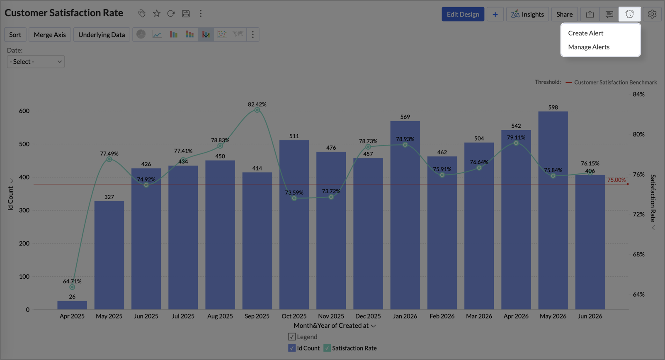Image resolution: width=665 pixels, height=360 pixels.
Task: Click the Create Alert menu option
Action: (x=585, y=33)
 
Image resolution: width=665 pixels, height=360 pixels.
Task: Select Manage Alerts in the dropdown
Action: (x=589, y=47)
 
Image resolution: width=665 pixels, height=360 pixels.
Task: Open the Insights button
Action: (x=527, y=14)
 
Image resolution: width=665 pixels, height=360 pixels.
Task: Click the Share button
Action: (x=564, y=14)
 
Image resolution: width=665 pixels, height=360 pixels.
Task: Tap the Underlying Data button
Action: (x=102, y=34)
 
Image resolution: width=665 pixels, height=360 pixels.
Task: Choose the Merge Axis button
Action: (x=50, y=34)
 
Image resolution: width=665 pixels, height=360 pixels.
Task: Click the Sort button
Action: (x=15, y=34)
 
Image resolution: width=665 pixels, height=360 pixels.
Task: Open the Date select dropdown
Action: (x=36, y=61)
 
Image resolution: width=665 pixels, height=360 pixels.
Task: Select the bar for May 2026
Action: (x=553, y=210)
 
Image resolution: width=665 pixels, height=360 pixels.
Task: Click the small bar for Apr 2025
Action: (x=72, y=305)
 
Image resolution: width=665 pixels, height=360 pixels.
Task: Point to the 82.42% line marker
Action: (x=257, y=110)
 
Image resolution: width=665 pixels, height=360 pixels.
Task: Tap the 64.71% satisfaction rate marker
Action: (x=72, y=287)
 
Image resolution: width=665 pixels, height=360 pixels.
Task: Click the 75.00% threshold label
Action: (x=616, y=180)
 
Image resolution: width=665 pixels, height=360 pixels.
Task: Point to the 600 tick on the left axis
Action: (x=24, y=111)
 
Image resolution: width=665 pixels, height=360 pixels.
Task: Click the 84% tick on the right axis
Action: (x=638, y=94)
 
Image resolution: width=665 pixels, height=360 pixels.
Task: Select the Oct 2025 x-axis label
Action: (x=294, y=316)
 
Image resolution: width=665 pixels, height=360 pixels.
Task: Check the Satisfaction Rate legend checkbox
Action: (x=327, y=348)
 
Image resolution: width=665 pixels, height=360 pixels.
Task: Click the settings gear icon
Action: (x=652, y=14)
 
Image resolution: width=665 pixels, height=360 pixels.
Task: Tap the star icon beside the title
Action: (x=156, y=13)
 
